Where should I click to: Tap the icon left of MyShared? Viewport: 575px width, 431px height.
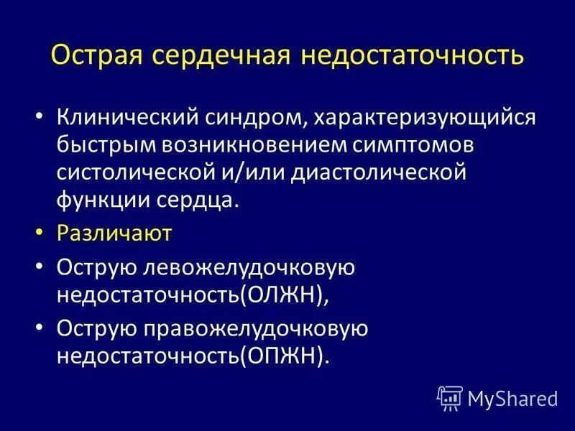pos(450,397)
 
